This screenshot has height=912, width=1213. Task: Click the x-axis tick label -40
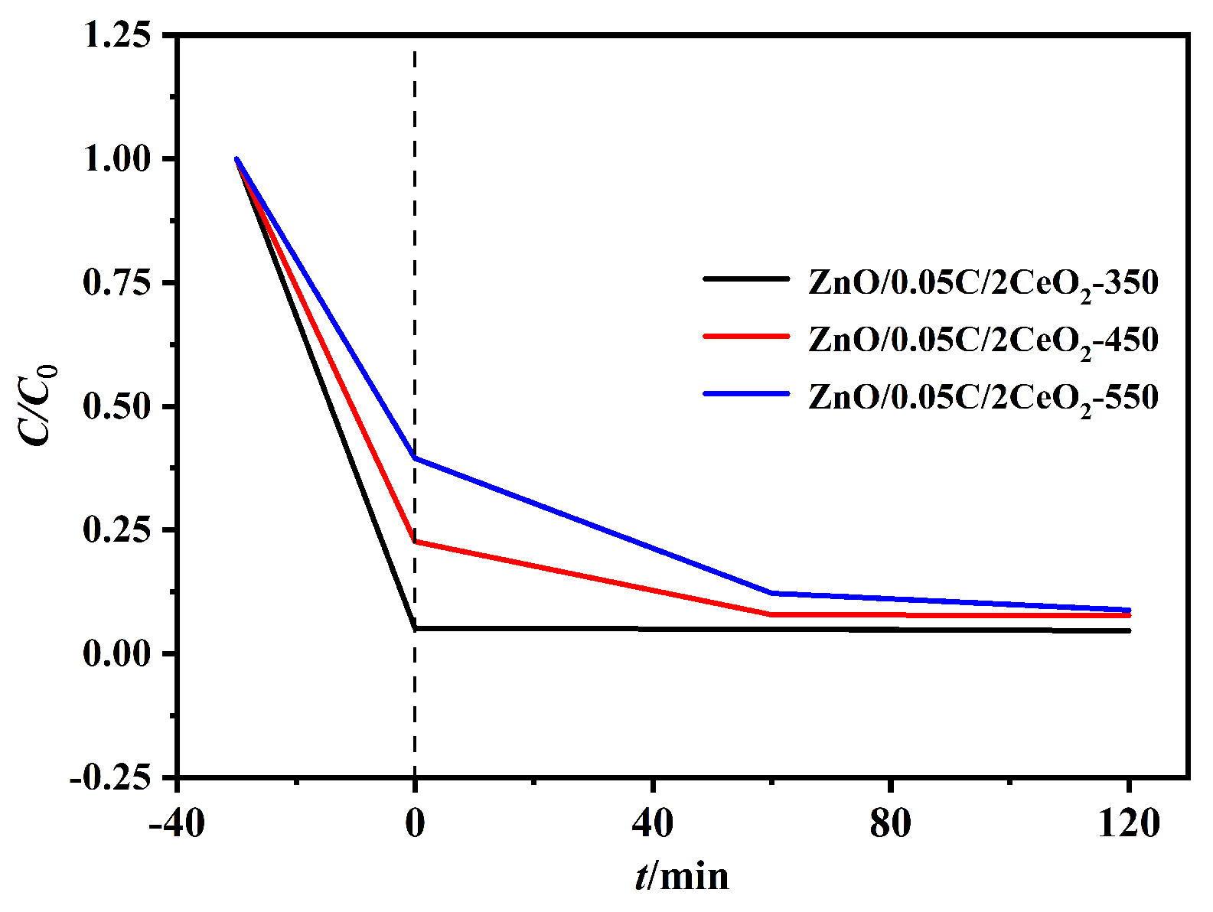[176, 825]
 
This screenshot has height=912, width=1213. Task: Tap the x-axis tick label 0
[415, 825]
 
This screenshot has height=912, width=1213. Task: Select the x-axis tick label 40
[653, 825]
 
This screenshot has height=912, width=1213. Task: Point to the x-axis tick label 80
[891, 825]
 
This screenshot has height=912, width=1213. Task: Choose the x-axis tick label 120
[1129, 825]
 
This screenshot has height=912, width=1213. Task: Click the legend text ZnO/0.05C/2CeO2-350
[983, 284]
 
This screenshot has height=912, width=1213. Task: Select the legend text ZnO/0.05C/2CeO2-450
[983, 340]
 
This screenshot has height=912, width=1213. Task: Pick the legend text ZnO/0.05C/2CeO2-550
[983, 398]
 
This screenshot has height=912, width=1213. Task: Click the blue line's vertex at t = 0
[415, 458]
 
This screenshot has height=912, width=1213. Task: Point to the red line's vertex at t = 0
[415, 542]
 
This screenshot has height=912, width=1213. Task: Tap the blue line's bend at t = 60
[772, 593]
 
